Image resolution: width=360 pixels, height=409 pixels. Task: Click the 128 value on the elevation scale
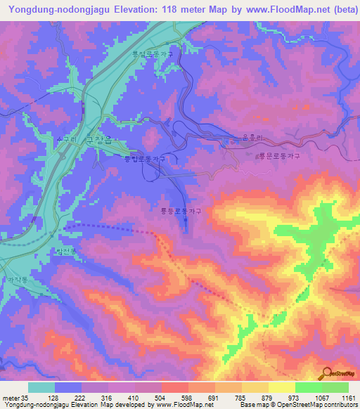pos(55,398)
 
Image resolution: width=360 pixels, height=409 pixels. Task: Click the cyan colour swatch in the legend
pos(41,387)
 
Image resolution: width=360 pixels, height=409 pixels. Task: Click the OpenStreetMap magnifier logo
pos(326,375)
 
